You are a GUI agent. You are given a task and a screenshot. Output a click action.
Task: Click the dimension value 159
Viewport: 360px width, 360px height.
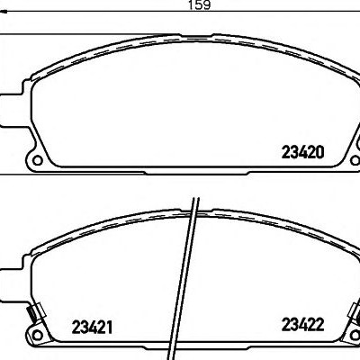(x=200, y=5)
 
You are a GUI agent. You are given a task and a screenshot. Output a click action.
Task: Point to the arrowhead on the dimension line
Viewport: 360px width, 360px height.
(x=4, y=12)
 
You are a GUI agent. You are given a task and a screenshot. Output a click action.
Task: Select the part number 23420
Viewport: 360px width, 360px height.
(x=303, y=152)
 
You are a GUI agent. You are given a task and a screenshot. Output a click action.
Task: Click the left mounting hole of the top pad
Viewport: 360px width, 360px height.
(x=37, y=160)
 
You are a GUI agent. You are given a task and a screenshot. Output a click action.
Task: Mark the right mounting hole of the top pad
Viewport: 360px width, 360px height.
(x=355, y=159)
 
